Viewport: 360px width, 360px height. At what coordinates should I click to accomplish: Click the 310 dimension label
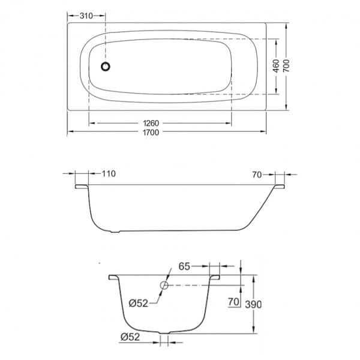pos(86,16)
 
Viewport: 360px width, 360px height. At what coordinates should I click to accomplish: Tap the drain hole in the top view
pos(106,67)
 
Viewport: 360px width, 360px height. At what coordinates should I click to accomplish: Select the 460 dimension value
pos(276,66)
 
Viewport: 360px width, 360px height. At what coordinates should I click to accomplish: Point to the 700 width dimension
pos(286,66)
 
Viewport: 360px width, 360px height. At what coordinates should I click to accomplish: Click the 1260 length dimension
pos(151,123)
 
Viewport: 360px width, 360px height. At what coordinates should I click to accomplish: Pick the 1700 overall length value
pos(151,133)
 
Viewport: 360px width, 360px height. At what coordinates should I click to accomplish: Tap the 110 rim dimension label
pos(109,174)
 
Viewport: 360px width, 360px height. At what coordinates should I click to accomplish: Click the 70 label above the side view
pos(257,175)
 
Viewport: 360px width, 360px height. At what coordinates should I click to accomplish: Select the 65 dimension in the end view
pos(184,266)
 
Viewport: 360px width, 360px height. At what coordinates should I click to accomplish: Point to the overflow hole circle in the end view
pos(164,285)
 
